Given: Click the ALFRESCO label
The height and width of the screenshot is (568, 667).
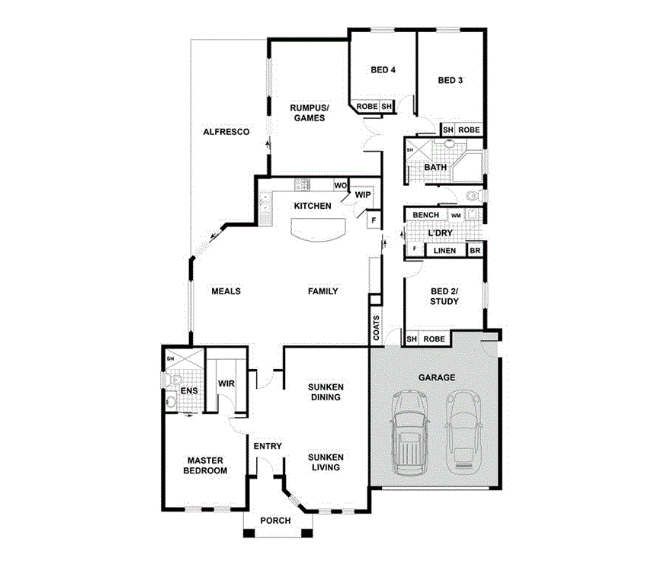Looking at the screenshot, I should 226,132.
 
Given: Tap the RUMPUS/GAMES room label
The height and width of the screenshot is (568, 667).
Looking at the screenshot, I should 307,113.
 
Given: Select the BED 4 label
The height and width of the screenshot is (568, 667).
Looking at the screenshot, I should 383,70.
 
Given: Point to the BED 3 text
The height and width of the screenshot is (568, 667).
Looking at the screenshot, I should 450,80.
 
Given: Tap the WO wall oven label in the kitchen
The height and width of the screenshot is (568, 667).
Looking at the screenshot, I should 341,185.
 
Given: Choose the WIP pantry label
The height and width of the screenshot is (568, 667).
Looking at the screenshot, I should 363,195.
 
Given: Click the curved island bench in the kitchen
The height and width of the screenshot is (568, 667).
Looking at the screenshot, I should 316,229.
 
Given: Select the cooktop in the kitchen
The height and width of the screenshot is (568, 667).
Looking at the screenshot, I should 301,185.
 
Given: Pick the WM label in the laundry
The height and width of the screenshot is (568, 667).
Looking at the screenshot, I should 455,216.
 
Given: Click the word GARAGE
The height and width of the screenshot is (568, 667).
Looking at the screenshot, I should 437,377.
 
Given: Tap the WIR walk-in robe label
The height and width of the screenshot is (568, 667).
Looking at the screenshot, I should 226,383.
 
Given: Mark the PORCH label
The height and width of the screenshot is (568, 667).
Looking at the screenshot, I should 275,521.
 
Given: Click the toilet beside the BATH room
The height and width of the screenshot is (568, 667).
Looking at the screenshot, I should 473,196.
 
